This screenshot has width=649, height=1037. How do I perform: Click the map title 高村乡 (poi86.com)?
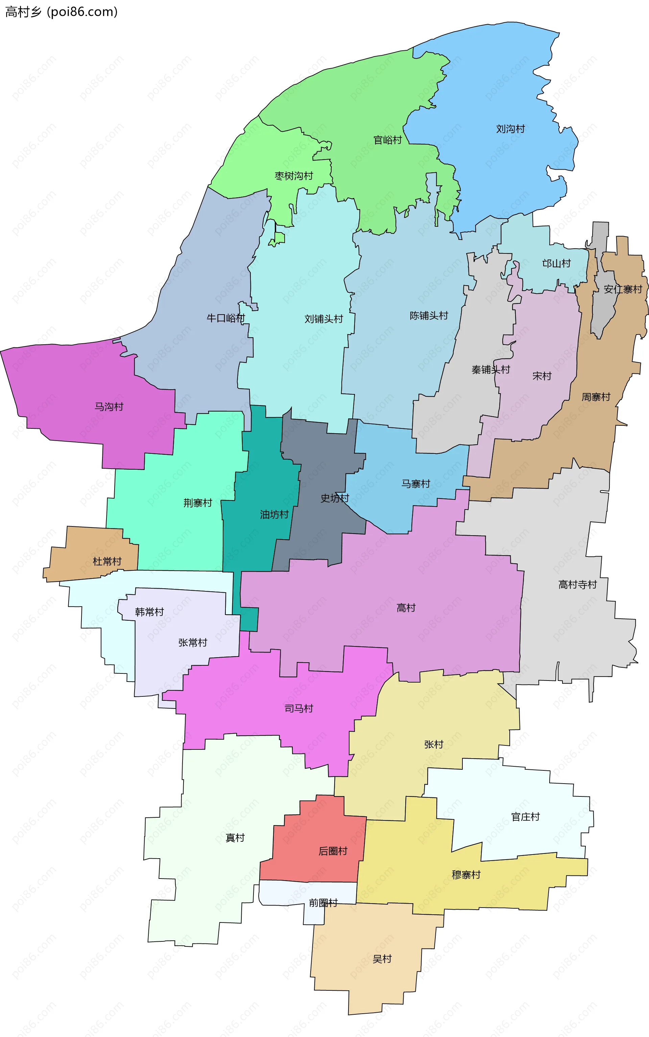click(x=61, y=11)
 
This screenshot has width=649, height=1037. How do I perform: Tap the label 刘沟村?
click(x=510, y=129)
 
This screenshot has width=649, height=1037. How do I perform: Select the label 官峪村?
click(x=388, y=140)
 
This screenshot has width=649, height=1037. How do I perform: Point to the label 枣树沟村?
click(x=294, y=176)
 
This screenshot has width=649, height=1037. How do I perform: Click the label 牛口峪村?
click(x=225, y=318)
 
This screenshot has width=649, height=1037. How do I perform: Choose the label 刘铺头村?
click(x=323, y=319)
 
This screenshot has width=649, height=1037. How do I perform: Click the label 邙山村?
click(x=556, y=264)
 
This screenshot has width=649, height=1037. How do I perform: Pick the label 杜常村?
click(x=107, y=561)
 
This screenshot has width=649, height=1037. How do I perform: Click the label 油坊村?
click(x=274, y=514)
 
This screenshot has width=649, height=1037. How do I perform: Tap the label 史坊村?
click(x=335, y=498)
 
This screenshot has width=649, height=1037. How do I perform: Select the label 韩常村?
click(x=149, y=612)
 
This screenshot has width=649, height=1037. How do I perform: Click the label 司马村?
click(x=299, y=708)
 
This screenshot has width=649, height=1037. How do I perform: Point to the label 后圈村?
click(x=333, y=851)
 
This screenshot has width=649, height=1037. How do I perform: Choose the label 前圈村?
click(x=323, y=903)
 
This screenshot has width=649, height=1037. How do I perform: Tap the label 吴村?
click(x=382, y=959)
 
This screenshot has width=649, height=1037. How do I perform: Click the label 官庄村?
click(x=525, y=816)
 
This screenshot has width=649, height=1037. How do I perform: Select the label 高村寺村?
click(x=577, y=584)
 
